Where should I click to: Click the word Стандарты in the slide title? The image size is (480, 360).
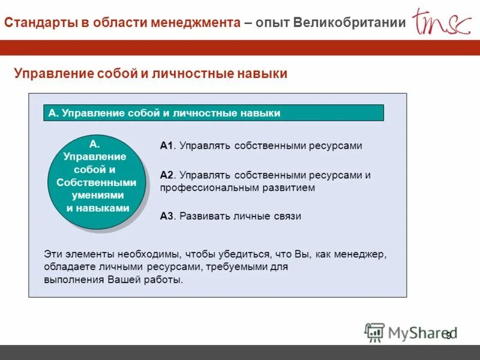[40, 22]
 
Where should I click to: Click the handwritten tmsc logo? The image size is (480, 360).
[441, 22]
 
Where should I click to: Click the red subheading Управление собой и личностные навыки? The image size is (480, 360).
[151, 73]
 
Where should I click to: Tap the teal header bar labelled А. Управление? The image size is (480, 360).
[214, 113]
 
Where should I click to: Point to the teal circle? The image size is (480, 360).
[96, 182]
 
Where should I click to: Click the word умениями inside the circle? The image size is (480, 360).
[98, 195]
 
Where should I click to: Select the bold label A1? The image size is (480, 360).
[166, 145]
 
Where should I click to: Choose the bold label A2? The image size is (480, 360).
[166, 175]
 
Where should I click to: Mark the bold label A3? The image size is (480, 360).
[166, 216]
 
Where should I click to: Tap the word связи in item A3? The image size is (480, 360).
[287, 216]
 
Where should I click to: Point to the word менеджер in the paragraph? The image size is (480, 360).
[362, 254]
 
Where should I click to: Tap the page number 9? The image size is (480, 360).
[448, 335]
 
